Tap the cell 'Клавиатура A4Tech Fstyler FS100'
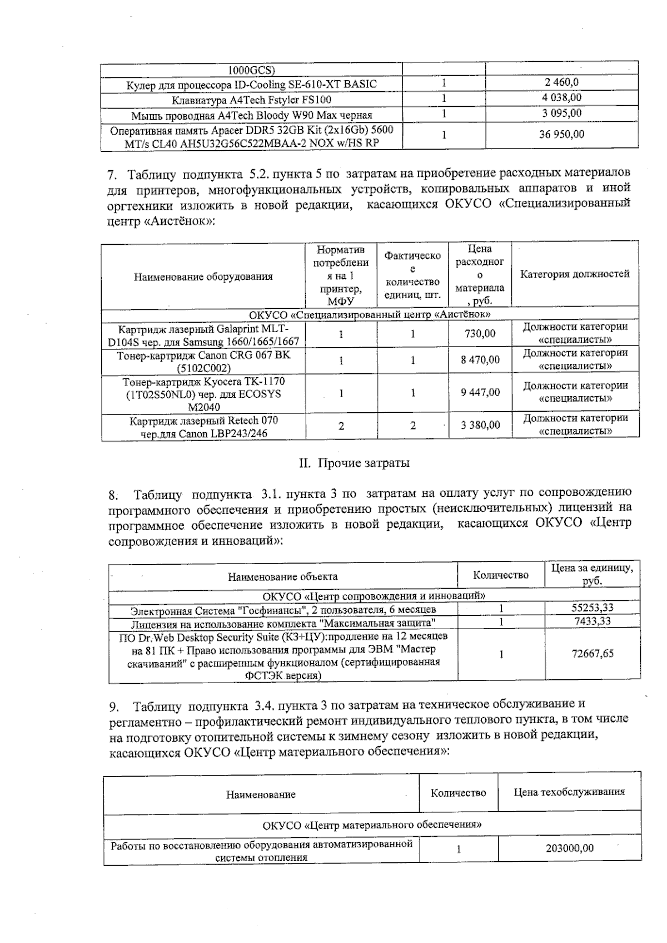pyautogui.click(x=251, y=100)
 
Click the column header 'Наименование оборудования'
pyautogui.click(x=203, y=277)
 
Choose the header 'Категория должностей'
pyautogui.click(x=575, y=274)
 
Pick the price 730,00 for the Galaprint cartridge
pyautogui.click(x=480, y=333)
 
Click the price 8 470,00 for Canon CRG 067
pyautogui.click(x=480, y=360)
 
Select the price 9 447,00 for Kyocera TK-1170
pyautogui.click(x=480, y=392)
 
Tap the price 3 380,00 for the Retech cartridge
pyautogui.click(x=480, y=426)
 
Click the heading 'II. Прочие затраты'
pyautogui.click(x=355, y=463)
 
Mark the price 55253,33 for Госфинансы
pyautogui.click(x=593, y=608)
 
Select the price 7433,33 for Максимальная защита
pyautogui.click(x=593, y=621)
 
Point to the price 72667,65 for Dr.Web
pyautogui.click(x=593, y=654)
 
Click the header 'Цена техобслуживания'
pyautogui.click(x=569, y=792)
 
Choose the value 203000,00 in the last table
pyautogui.click(x=569, y=848)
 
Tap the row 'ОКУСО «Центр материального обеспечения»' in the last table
pyautogui.click(x=372, y=824)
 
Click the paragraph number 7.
pyautogui.click(x=112, y=175)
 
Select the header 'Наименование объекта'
pyautogui.click(x=282, y=577)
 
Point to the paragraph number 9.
pyautogui.click(x=113, y=708)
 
